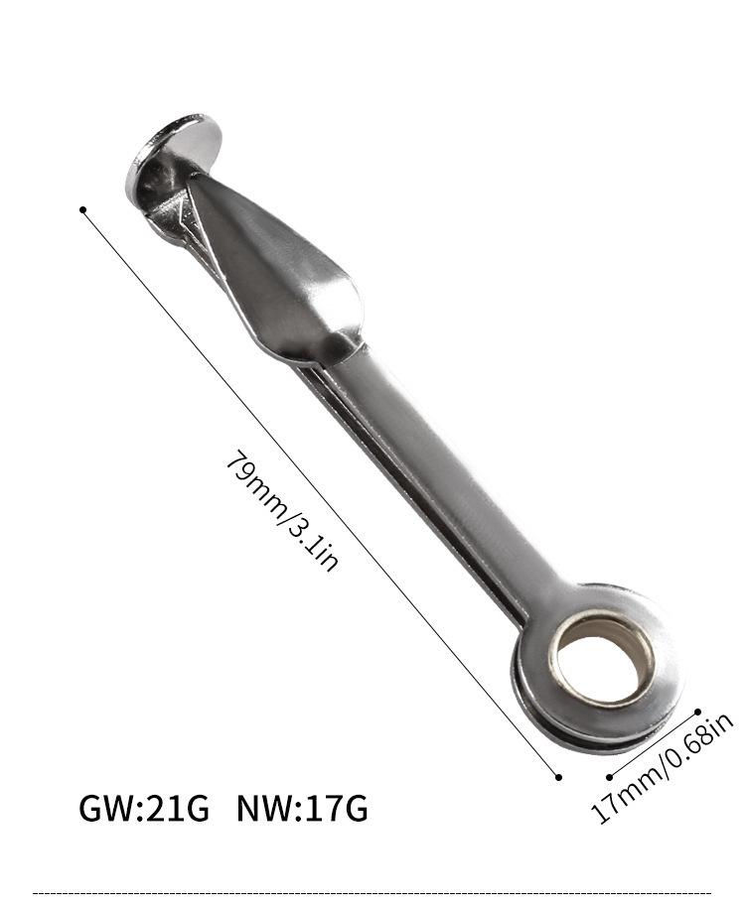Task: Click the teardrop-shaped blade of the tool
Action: click(x=278, y=273)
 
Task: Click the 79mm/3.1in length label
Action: click(x=282, y=511)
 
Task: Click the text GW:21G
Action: click(x=143, y=809)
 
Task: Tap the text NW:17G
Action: click(x=302, y=809)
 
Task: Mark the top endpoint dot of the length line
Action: click(x=83, y=209)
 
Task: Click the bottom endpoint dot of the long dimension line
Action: click(x=558, y=777)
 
